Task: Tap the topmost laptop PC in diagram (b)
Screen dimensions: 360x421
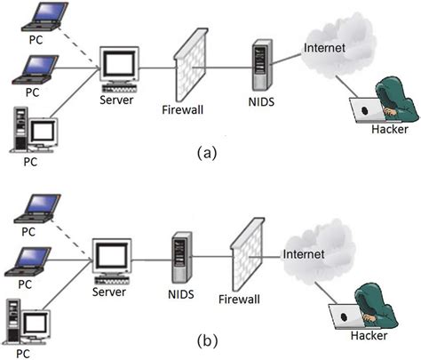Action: [33, 207]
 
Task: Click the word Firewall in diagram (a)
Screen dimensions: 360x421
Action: [184, 111]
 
